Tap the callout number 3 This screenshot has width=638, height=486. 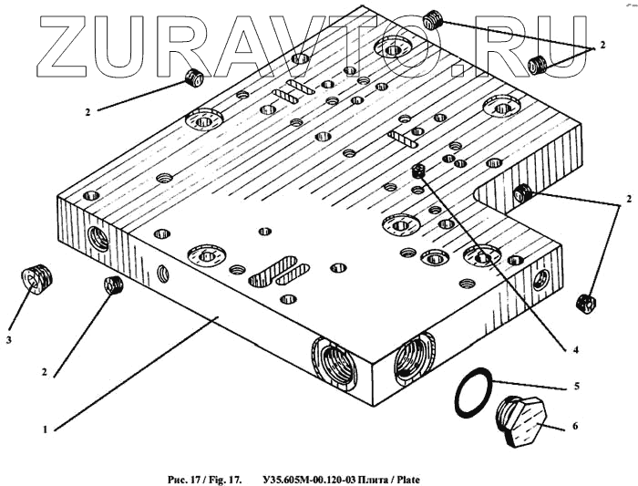[x=9, y=340]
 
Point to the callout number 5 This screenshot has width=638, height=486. [x=575, y=386]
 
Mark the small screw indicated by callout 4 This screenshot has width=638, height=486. [x=419, y=171]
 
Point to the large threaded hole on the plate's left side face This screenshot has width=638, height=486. [x=98, y=239]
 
